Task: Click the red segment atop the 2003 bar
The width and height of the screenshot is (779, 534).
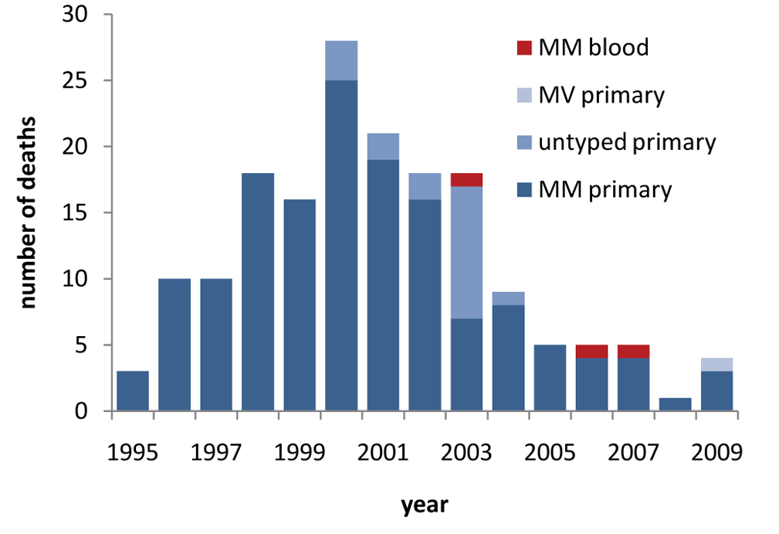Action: click(466, 179)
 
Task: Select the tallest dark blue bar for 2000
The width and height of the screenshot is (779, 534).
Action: click(341, 246)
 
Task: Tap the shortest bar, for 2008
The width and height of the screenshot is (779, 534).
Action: click(676, 404)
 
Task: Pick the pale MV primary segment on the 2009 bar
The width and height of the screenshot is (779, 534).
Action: click(717, 365)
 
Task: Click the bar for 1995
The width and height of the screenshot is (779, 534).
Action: click(133, 391)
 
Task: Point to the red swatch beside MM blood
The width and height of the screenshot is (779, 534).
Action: click(525, 48)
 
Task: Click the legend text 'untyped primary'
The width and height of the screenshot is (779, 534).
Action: click(628, 143)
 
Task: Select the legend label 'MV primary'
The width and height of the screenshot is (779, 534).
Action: click(601, 95)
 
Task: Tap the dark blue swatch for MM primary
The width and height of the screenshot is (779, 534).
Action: click(525, 190)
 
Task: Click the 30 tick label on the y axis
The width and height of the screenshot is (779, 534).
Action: click(75, 15)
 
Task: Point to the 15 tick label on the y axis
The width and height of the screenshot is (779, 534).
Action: click(75, 213)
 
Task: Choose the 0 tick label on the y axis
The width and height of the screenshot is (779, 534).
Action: click(81, 411)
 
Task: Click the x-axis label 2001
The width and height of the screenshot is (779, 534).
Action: click(382, 452)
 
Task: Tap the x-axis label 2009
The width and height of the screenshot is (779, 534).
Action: click(716, 452)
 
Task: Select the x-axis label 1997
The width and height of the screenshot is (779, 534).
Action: click(215, 452)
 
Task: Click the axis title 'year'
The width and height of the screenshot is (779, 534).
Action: click(425, 505)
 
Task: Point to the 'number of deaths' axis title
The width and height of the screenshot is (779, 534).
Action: click(28, 213)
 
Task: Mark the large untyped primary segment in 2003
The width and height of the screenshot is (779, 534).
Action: click(466, 253)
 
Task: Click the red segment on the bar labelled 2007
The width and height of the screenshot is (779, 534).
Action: click(633, 352)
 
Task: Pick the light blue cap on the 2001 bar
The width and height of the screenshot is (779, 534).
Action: click(383, 147)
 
